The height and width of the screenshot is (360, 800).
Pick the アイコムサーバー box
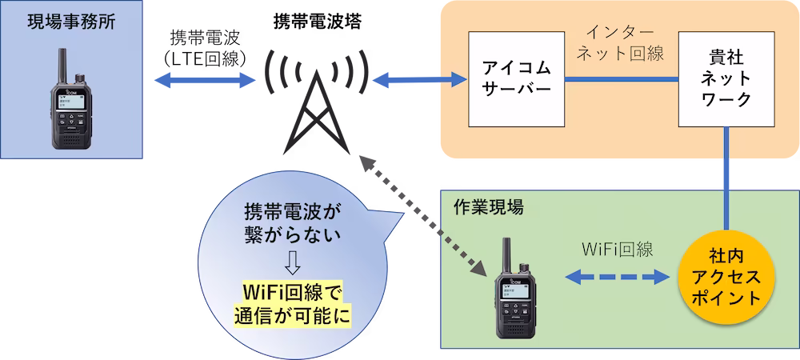[517, 79]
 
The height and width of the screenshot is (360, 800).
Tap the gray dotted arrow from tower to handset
[424, 212]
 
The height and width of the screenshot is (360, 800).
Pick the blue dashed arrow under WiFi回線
[616, 277]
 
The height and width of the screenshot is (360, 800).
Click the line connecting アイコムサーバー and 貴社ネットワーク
[622, 79]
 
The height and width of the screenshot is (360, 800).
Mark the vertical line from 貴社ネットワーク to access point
[728, 180]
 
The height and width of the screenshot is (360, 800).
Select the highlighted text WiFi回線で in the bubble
[292, 289]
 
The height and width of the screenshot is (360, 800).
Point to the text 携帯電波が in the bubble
[292, 214]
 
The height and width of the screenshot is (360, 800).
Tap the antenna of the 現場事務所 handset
[62, 64]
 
